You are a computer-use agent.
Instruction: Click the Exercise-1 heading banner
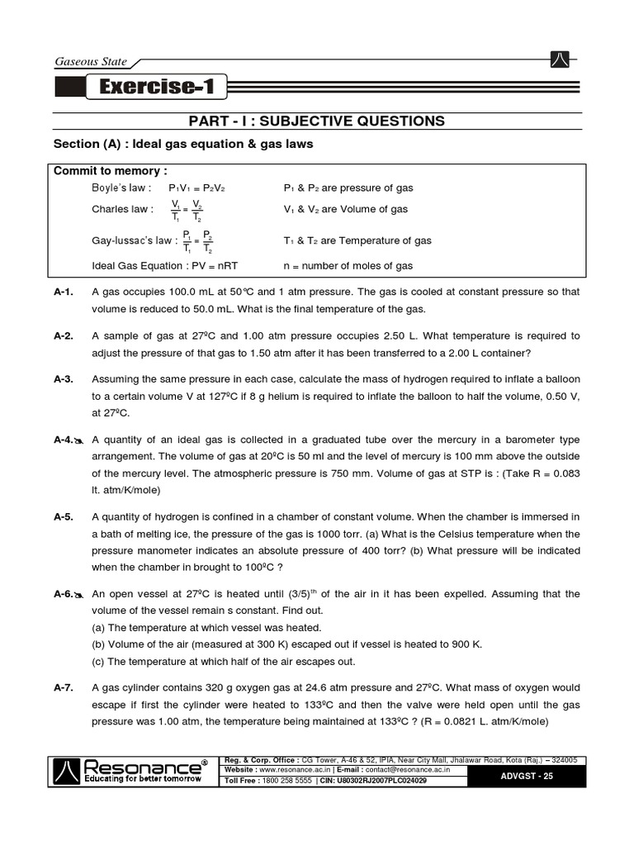click(x=154, y=87)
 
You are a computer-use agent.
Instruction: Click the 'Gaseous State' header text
click(x=91, y=62)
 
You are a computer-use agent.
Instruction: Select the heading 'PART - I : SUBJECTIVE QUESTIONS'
click(x=317, y=121)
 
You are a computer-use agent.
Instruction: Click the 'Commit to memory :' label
click(x=110, y=171)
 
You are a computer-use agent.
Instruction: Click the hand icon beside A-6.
click(x=79, y=595)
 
